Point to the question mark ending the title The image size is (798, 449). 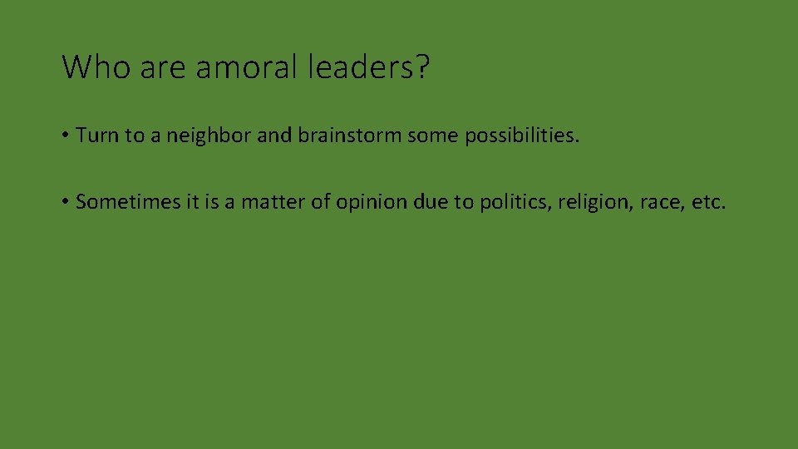422,67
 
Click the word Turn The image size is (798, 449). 97,136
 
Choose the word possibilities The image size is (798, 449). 520,136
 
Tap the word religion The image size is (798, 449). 596,202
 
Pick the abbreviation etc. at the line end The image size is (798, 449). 708,202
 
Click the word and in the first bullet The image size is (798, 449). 273,136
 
